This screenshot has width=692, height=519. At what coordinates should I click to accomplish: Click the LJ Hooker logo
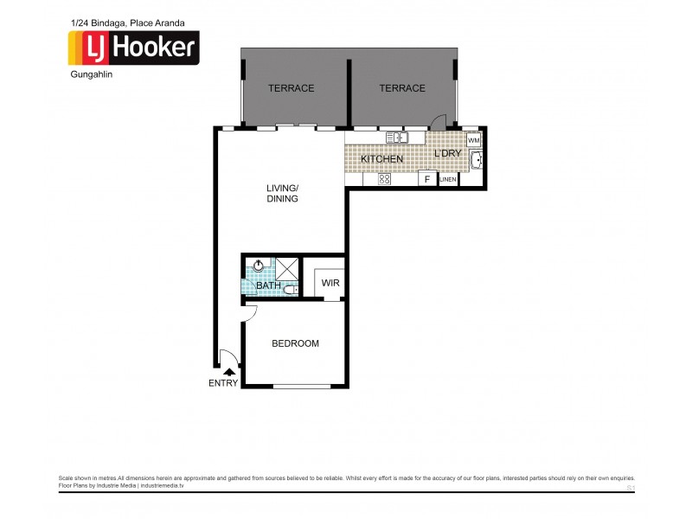click(x=134, y=48)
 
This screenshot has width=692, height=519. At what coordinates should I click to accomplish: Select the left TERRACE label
click(x=291, y=88)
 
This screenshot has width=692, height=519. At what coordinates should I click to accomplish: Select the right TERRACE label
click(x=402, y=88)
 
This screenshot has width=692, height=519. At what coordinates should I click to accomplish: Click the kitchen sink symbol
click(x=397, y=137)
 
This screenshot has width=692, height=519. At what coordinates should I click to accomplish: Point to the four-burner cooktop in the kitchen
click(x=383, y=179)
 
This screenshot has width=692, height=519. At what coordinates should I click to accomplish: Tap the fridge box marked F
click(x=426, y=179)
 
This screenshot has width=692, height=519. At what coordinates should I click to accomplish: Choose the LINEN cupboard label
click(x=448, y=180)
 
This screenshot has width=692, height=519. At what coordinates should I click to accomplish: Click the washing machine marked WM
click(x=473, y=139)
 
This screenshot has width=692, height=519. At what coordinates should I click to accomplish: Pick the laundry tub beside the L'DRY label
click(x=477, y=160)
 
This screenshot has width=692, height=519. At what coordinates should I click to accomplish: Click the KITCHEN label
click(x=381, y=160)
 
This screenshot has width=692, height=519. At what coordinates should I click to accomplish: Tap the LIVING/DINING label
click(x=282, y=193)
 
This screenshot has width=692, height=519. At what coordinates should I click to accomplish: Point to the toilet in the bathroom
click(x=290, y=291)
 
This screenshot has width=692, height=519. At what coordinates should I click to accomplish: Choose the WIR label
click(x=330, y=283)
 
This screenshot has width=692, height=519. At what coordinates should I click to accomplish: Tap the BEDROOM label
click(x=295, y=343)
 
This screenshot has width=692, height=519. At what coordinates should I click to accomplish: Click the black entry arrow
click(x=228, y=371)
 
